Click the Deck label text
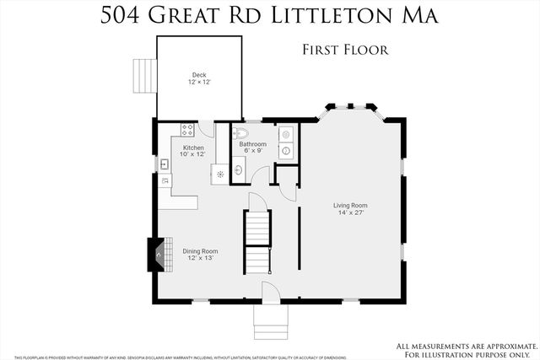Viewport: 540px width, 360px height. point(199,75)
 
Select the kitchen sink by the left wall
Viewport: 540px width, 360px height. point(164,163)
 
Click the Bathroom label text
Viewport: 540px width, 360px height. point(252,144)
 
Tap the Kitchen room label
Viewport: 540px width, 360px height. point(194,148)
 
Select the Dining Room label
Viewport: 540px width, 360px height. point(200,250)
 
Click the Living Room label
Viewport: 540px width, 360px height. point(350,205)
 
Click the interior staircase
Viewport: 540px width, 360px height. point(256,240)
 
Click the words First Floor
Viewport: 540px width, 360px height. point(345,50)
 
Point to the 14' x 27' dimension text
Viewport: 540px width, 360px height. point(350,212)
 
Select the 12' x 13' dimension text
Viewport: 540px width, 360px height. point(200,258)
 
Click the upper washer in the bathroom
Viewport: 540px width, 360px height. point(284,133)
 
